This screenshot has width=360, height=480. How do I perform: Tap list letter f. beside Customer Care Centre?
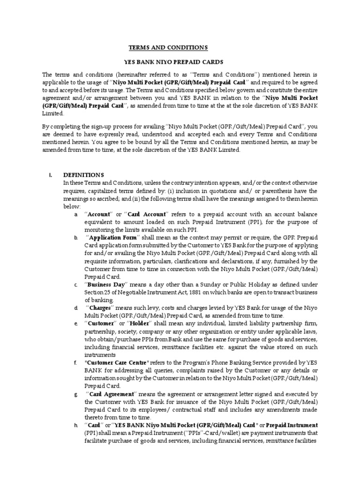click(75, 362)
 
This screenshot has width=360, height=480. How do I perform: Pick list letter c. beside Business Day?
click(75, 285)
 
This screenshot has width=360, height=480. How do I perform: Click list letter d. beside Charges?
click(75, 308)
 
